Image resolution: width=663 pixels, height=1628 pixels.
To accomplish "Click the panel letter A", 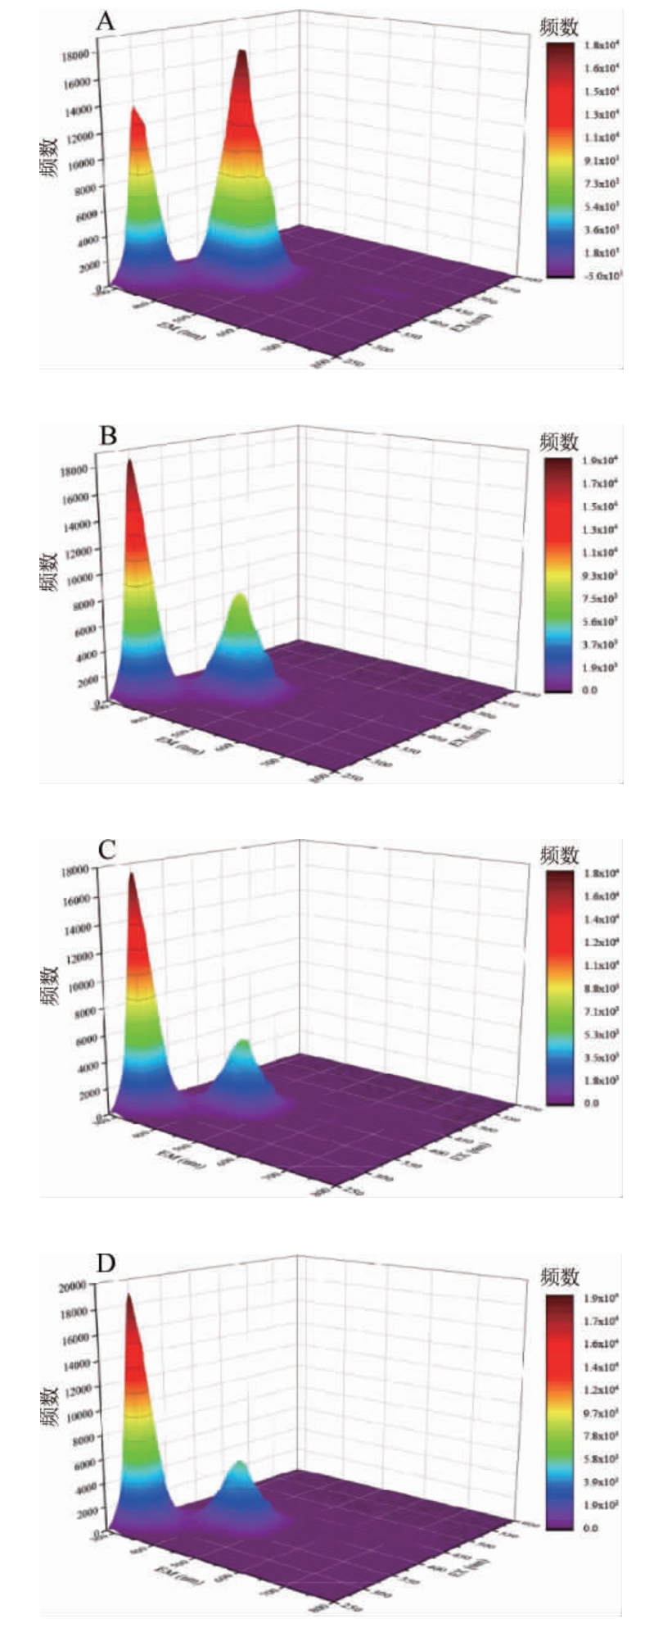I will pyautogui.click(x=106, y=21).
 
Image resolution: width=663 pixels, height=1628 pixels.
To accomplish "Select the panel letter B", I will pyautogui.click(x=107, y=436).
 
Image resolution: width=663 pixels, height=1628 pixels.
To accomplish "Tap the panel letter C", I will pyautogui.click(x=106, y=850).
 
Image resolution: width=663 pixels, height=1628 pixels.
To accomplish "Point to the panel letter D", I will pyautogui.click(x=106, y=1263).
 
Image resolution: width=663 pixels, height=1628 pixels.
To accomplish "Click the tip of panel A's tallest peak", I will pyautogui.click(x=242, y=51).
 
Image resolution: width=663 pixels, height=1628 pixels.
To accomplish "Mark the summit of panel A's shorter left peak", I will pyautogui.click(x=134, y=108).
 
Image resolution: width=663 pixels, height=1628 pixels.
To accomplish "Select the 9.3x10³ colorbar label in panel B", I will pyautogui.click(x=602, y=575).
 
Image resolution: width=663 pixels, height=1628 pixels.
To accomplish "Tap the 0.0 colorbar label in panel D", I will pyautogui.click(x=589, y=1527).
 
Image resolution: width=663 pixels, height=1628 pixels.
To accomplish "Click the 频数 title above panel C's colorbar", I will pyautogui.click(x=560, y=855).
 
